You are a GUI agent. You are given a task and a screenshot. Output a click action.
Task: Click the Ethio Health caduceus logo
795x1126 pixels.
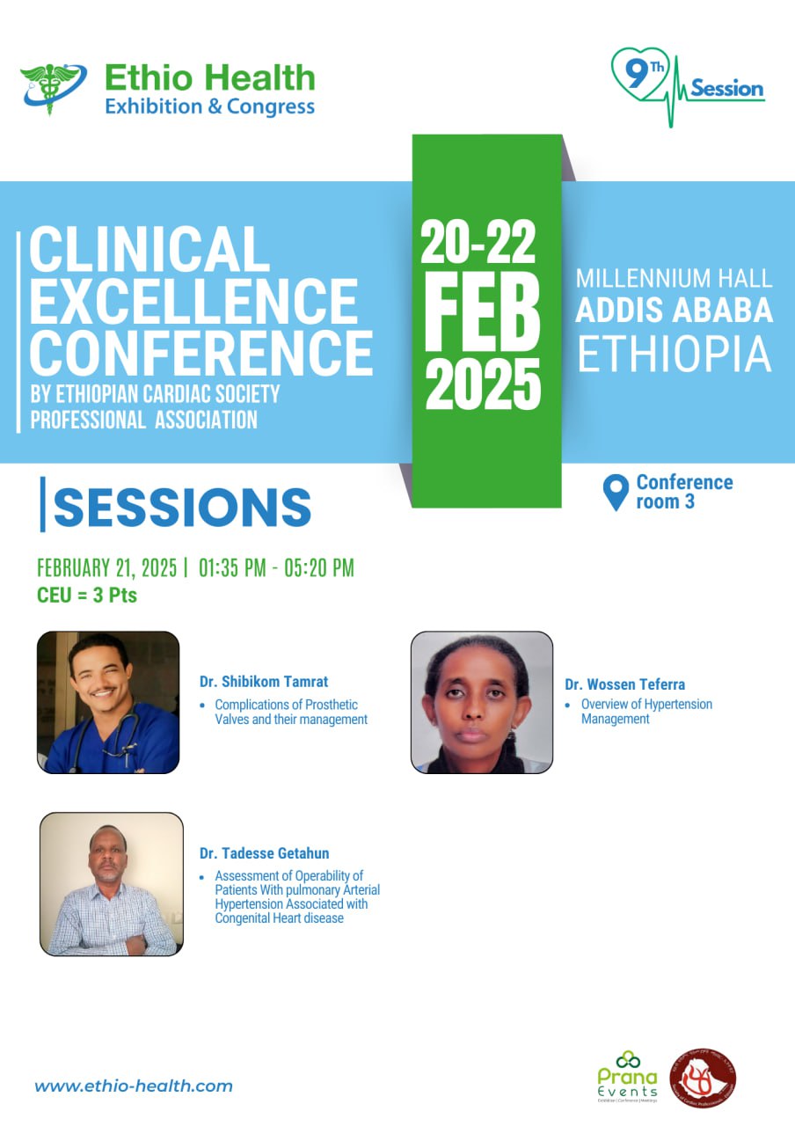(x=53, y=88)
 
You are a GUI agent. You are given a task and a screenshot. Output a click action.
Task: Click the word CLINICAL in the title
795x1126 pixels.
(x=149, y=248)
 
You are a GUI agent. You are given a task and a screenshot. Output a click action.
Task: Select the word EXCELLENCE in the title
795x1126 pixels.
(x=193, y=301)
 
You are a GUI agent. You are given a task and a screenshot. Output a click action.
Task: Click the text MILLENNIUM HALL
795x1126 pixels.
(x=674, y=279)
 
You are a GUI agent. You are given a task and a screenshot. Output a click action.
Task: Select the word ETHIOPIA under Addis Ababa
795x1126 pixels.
(x=674, y=354)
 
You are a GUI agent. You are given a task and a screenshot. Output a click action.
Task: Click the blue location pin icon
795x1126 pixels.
(x=617, y=492)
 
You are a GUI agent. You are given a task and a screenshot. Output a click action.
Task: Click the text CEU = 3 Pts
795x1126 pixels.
(x=87, y=596)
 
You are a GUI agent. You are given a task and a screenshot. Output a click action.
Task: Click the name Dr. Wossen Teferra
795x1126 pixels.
(x=624, y=684)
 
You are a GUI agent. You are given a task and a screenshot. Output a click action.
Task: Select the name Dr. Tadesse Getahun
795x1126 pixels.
(x=265, y=853)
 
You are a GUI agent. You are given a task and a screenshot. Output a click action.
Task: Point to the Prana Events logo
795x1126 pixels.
(x=627, y=1075)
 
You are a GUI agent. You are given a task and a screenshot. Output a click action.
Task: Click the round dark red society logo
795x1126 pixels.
(x=703, y=1078)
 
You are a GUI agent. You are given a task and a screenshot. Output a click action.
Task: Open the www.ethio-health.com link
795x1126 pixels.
(x=134, y=1086)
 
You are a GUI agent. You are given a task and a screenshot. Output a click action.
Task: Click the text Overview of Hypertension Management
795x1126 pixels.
(x=645, y=712)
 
